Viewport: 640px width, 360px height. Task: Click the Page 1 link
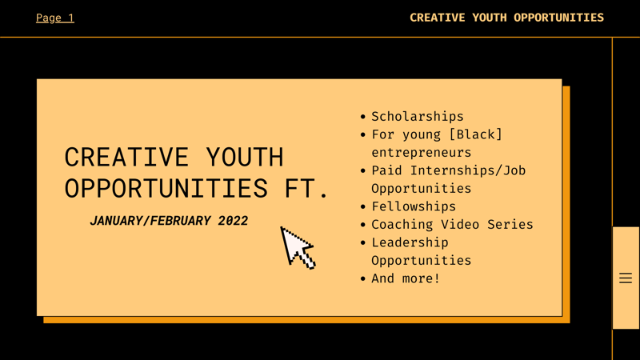point(54,18)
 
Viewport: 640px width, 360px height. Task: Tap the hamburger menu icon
point(626,278)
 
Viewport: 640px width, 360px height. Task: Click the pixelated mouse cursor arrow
point(298,247)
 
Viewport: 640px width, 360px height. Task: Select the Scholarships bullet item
point(417,117)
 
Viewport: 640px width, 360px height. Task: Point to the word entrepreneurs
point(421,152)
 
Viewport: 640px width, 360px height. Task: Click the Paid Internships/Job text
point(448,170)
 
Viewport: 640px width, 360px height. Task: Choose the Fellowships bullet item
point(413,206)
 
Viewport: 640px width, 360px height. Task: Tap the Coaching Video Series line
point(452,225)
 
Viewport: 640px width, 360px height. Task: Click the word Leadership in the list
point(410,242)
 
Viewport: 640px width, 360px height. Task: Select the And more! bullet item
point(406,278)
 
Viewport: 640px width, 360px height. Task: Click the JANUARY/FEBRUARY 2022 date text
point(169,221)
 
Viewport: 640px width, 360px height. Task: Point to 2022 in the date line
point(233,221)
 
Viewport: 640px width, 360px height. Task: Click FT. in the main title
point(306,189)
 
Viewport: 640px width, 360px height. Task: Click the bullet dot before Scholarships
point(363,118)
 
